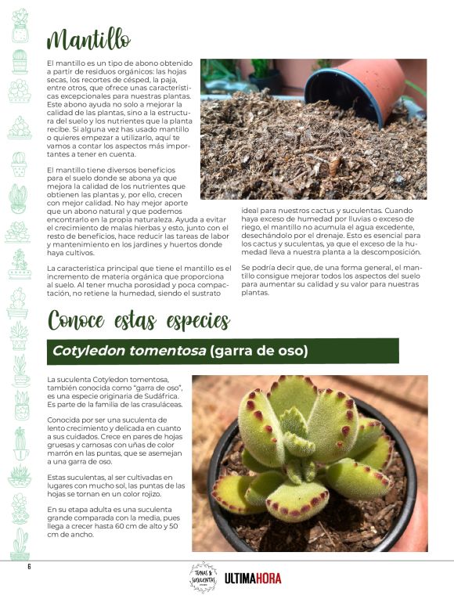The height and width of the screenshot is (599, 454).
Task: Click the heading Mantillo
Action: [88, 38]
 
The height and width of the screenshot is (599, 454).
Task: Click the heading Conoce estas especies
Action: [139, 321]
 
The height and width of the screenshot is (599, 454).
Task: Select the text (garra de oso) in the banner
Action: [259, 351]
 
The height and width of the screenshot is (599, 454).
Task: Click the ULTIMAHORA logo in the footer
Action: [252, 579]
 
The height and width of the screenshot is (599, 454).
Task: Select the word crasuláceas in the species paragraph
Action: [157, 405]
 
